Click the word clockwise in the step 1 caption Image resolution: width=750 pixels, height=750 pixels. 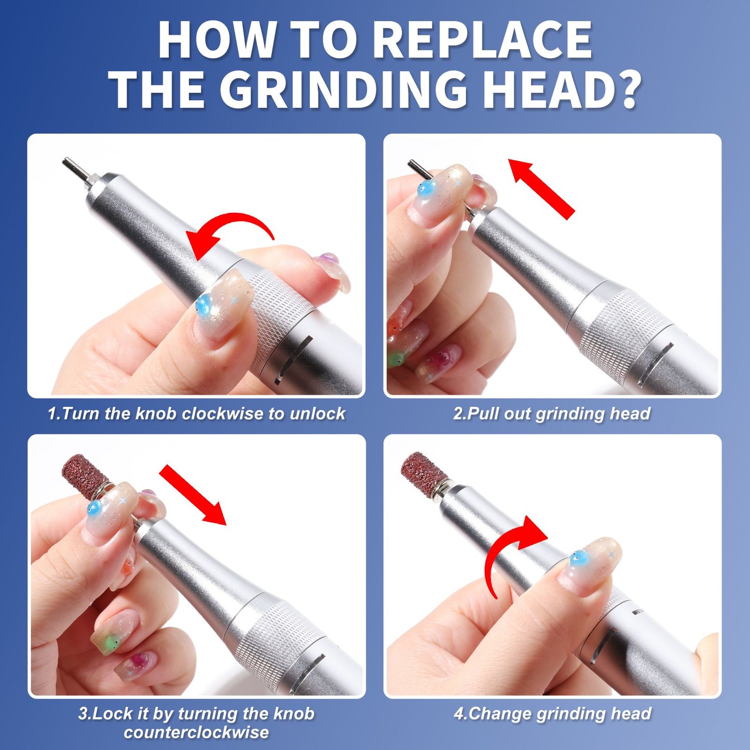(222, 414)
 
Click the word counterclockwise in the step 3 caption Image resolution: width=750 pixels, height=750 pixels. (196, 732)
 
